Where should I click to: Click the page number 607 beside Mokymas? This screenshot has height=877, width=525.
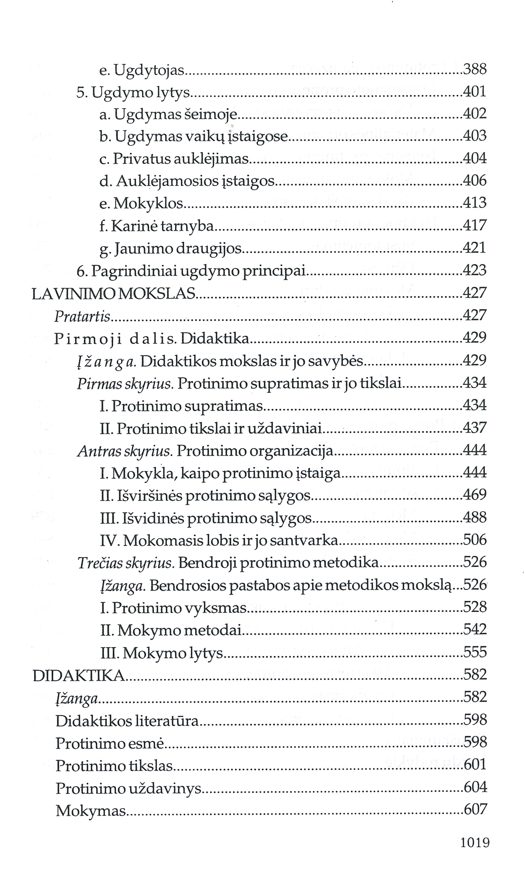[x=475, y=810]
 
